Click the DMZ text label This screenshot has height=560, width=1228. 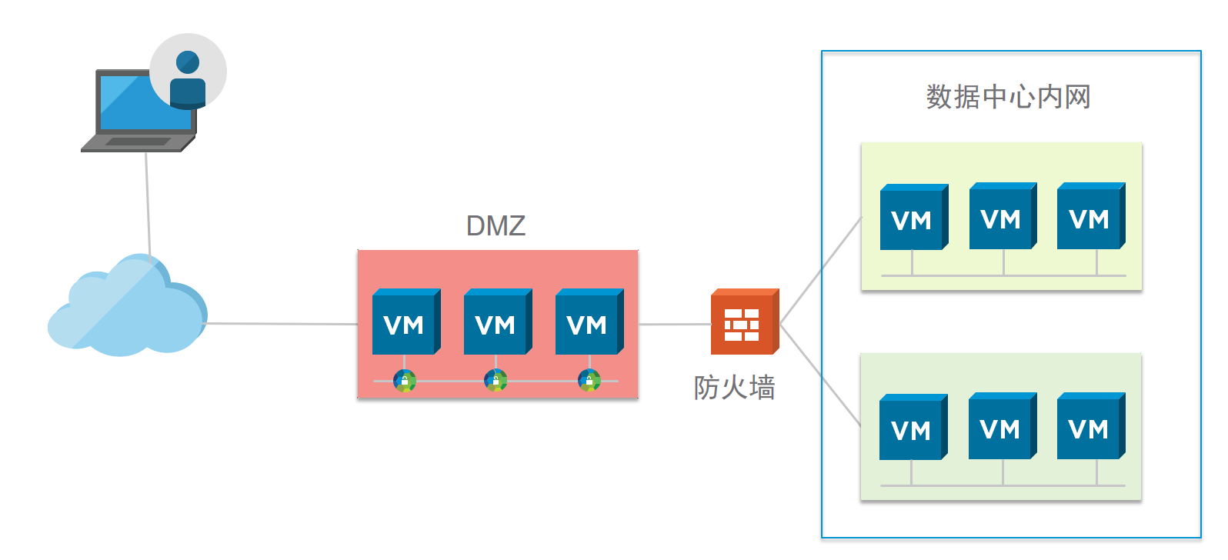coord(496,225)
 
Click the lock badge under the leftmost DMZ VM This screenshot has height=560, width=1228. coord(405,380)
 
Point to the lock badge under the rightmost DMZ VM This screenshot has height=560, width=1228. coord(589,380)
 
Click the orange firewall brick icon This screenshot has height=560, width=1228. coord(743,323)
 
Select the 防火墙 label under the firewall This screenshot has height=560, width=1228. coord(734,388)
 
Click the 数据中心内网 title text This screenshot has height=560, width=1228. coord(1008,97)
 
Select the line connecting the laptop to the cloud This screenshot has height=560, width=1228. coord(148,204)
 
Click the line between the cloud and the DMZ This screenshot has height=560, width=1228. coord(281,324)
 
